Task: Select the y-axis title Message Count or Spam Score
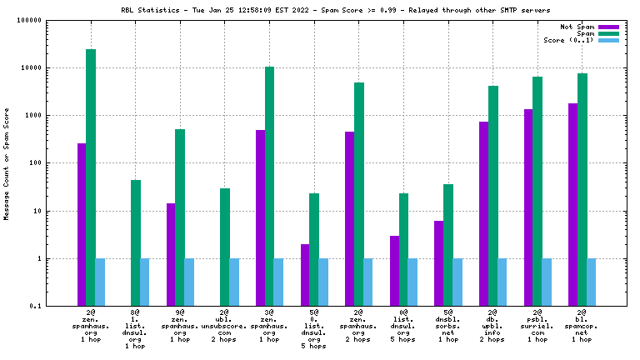pyautogui.click(x=7, y=163)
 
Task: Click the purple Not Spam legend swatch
pyautogui.click(x=609, y=27)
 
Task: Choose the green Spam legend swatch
pyautogui.click(x=609, y=33)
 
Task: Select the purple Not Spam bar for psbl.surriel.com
pyautogui.click(x=528, y=207)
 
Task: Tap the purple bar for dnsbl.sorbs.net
pyautogui.click(x=439, y=263)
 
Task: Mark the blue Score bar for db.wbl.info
pyautogui.click(x=502, y=282)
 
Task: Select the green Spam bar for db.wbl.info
pyautogui.click(x=493, y=196)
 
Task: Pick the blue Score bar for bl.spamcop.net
pyautogui.click(x=591, y=282)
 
